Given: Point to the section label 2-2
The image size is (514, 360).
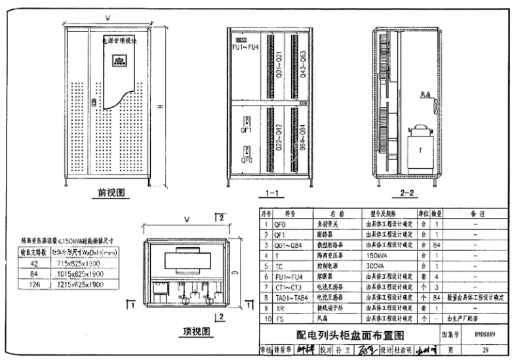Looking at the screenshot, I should click(406, 193).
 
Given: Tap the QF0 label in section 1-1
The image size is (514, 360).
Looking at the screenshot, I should click(247, 159).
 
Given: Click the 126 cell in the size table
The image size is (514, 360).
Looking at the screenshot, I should click(35, 285).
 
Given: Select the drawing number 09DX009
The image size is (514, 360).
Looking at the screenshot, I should click(480, 334).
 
